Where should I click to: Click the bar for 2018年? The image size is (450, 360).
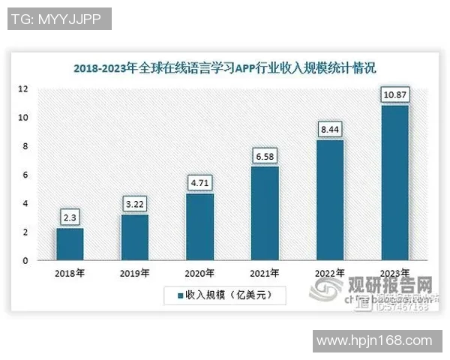click(69, 244)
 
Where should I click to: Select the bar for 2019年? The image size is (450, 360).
click(134, 238)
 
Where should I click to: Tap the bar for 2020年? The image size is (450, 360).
click(199, 227)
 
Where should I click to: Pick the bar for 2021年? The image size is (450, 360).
click(265, 214)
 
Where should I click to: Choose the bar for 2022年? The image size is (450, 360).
click(330, 200)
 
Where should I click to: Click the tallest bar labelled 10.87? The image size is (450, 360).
click(395, 183)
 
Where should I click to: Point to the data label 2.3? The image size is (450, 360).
click(69, 217)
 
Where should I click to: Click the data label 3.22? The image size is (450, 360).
click(134, 204)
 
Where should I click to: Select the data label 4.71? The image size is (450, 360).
click(199, 183)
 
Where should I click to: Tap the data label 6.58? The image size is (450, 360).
click(265, 156)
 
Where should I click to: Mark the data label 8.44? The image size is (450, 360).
click(330, 129)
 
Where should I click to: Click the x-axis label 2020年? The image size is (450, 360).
click(199, 273)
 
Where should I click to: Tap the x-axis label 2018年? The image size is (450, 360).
click(69, 273)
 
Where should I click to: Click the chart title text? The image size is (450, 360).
click(224, 67)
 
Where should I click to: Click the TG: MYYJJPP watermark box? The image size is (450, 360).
click(59, 18)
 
